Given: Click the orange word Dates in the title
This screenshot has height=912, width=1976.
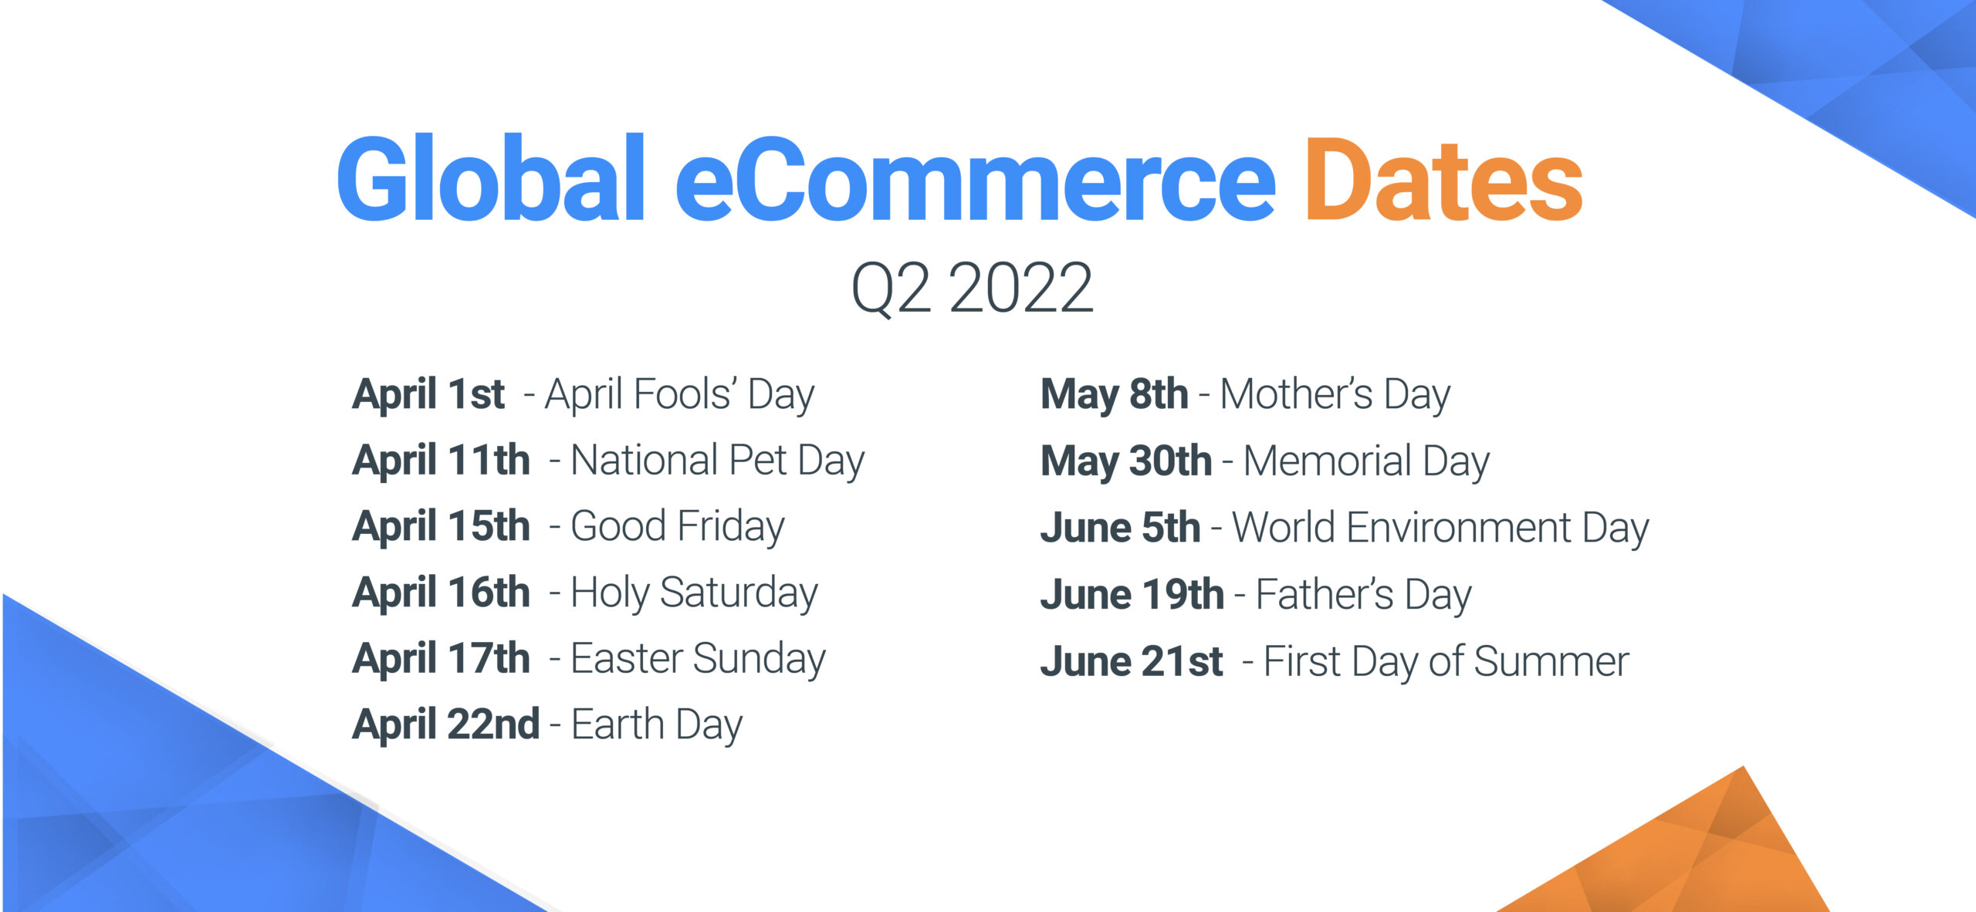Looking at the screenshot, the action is (1443, 181).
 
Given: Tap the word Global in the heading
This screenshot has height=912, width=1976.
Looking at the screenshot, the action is (491, 179).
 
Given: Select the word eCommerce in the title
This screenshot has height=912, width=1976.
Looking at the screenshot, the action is (976, 181).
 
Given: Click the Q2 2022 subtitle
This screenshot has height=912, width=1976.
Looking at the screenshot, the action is (972, 288).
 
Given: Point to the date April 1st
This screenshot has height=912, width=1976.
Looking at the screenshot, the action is (428, 394).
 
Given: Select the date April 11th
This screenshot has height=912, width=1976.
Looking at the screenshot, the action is (441, 460).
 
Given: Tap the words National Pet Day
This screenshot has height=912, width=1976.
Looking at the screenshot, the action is (718, 461).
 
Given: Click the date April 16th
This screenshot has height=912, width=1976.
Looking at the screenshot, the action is (441, 593).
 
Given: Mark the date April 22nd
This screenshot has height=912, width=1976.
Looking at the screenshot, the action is (445, 725).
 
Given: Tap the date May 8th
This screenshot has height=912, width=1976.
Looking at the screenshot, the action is (1115, 395).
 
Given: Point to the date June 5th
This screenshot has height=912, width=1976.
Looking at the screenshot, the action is (1120, 528).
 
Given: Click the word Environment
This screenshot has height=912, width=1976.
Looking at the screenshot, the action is (1459, 529).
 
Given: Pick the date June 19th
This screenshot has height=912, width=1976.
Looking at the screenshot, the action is (1132, 595).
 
